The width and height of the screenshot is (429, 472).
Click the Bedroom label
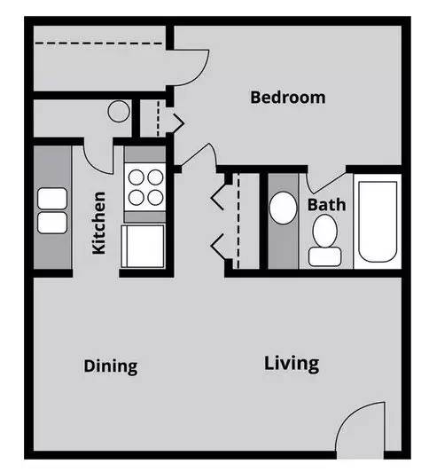coord(287,97)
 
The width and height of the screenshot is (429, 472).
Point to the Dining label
coord(111,366)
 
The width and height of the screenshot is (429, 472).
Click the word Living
coord(292,363)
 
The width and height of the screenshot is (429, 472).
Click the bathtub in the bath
coord(378,220)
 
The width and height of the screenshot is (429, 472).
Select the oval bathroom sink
coord(284,209)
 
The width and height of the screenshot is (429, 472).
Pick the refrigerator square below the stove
coord(144,245)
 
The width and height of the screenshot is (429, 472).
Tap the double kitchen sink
coord(51,210)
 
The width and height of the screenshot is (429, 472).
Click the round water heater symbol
coord(119,112)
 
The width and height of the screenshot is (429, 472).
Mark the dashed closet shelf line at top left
coord(98,42)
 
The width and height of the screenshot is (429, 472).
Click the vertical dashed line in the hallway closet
coord(238,223)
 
